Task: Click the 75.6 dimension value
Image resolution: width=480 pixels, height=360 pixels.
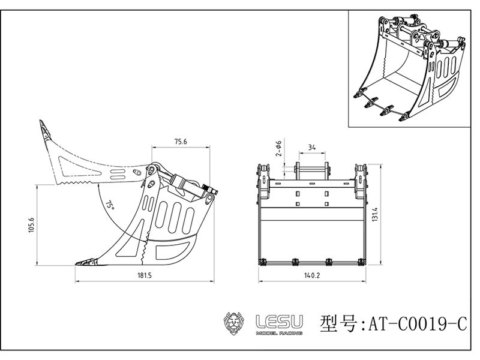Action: coord(181,142)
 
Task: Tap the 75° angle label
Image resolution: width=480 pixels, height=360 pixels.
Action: coord(109,205)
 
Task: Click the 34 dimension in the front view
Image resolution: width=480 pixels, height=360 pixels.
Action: coord(311,147)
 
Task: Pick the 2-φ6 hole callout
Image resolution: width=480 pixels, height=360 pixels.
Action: coord(277,148)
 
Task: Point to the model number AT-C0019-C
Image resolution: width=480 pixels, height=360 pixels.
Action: coord(415,324)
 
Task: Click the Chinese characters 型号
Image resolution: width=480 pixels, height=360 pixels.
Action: coord(341,323)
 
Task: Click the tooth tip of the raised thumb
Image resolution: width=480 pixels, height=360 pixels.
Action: coord(44,127)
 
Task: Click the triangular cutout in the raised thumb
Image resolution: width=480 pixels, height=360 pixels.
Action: coord(70,162)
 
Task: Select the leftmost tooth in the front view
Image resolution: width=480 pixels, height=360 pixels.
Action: coord(263,261)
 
